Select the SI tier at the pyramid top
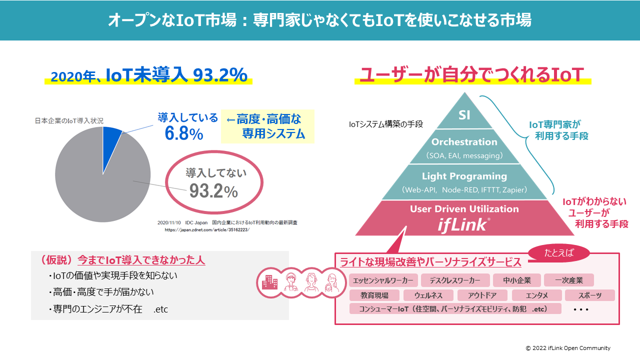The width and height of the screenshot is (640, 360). [464, 115]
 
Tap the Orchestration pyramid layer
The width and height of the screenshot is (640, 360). [464, 147]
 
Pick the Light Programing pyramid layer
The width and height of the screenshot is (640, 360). [464, 182]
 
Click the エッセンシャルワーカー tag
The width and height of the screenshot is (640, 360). [383, 280]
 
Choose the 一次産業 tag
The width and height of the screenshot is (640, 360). [570, 280]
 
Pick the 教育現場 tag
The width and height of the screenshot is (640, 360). [374, 295]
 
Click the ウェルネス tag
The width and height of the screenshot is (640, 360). [428, 295]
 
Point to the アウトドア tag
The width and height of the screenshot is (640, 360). [482, 295]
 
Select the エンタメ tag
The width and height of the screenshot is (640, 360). [536, 295]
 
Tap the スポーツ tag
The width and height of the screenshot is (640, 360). [590, 295]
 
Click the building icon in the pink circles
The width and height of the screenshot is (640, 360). [270, 282]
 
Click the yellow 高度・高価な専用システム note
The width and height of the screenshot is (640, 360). [267, 126]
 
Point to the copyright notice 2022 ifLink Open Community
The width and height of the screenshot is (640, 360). [567, 348]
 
